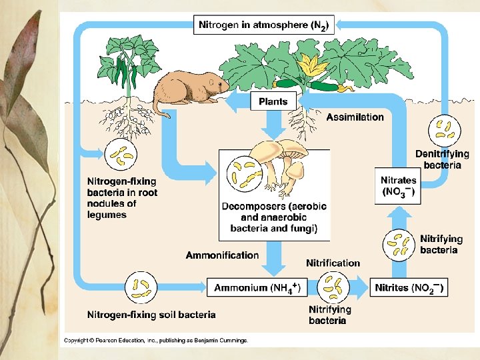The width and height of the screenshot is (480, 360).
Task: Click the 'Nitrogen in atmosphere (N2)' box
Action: pos(264,25)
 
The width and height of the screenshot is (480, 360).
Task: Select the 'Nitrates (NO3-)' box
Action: pos(398,186)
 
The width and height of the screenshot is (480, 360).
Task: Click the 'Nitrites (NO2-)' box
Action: pos(409,288)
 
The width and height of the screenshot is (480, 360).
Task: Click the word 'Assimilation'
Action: pos(355,117)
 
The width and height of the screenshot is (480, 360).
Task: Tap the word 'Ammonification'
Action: pos(222,255)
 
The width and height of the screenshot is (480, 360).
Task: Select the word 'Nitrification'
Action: pos(333,263)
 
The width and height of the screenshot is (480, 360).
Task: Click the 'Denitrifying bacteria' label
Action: pos(442,159)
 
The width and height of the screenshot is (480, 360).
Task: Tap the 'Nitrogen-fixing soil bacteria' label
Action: pos(151,315)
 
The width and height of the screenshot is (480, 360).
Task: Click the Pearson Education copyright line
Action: pos(155,341)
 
